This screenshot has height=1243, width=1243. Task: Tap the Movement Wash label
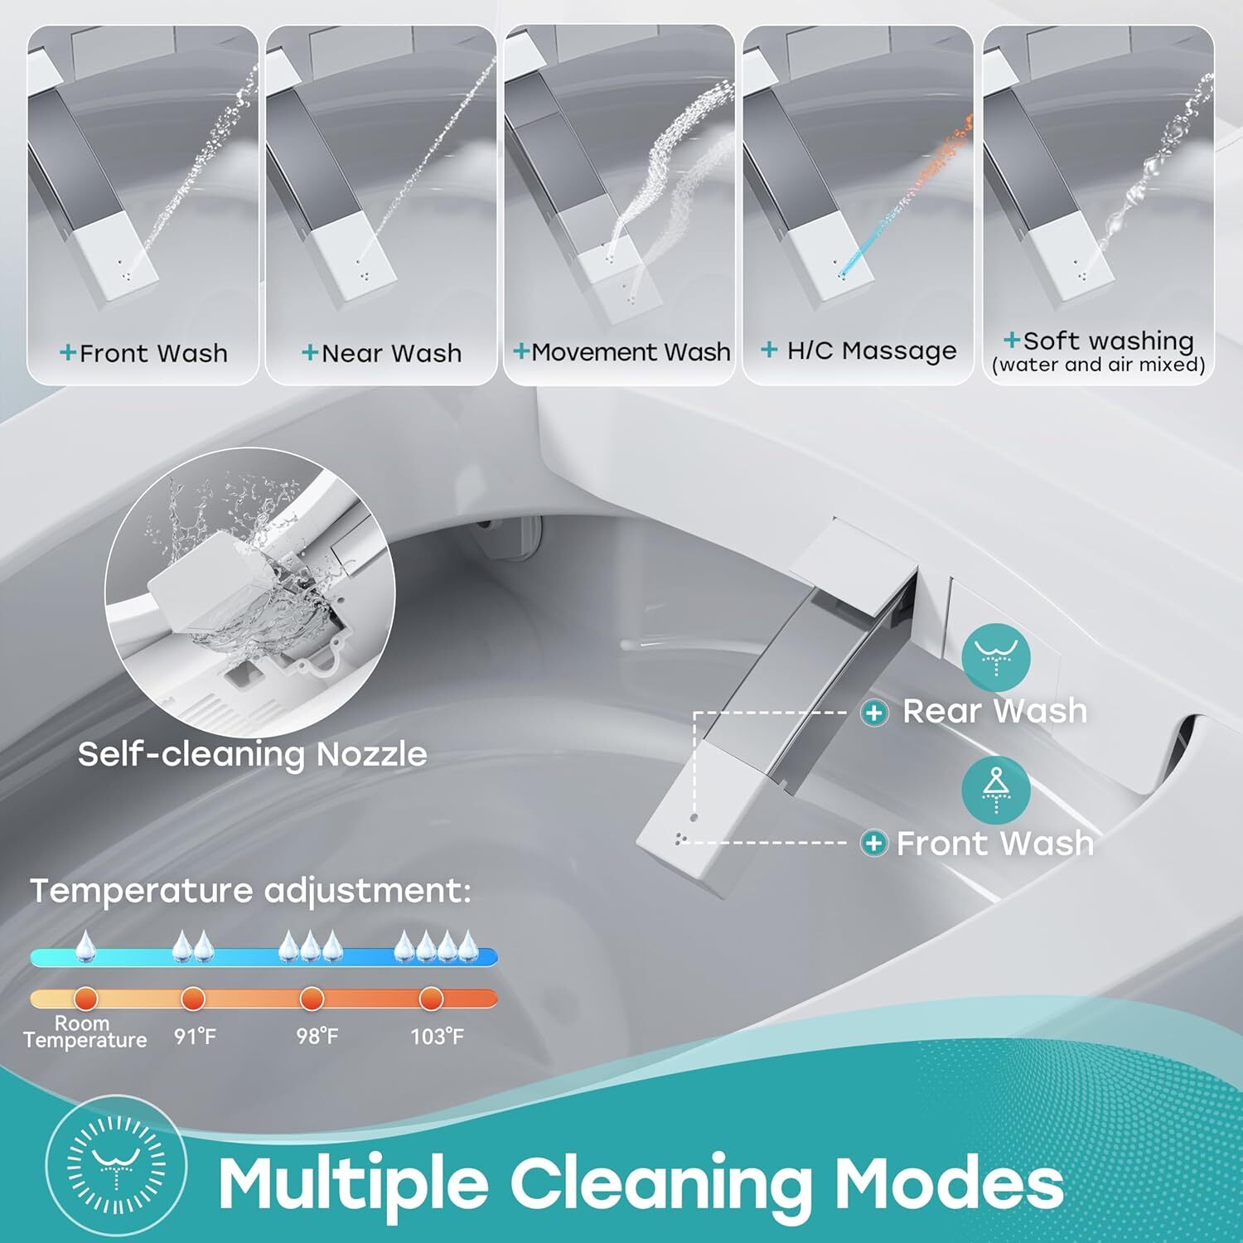(x=622, y=352)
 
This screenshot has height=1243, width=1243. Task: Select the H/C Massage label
(x=859, y=351)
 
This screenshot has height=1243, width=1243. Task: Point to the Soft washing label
(x=1099, y=341)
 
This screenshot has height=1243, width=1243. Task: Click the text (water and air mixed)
(x=1099, y=365)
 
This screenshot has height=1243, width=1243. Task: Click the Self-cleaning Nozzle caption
(x=253, y=754)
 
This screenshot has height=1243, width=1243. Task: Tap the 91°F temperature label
(x=195, y=1036)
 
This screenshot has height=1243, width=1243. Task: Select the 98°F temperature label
(x=317, y=1036)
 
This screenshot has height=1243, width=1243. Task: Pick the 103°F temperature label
(x=438, y=1036)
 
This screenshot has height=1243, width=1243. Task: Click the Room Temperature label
(x=85, y=1032)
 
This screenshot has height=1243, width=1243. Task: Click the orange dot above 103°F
(x=431, y=999)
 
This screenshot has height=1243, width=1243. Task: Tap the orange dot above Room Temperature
(x=85, y=998)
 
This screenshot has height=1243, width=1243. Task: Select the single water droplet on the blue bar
(x=85, y=946)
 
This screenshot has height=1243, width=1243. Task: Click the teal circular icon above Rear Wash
(x=996, y=657)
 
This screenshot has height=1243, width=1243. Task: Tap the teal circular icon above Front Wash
(x=996, y=789)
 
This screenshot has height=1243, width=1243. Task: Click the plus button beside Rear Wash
(x=874, y=713)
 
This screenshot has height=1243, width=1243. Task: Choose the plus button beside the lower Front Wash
(x=873, y=844)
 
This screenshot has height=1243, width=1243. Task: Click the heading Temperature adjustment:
(x=250, y=892)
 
